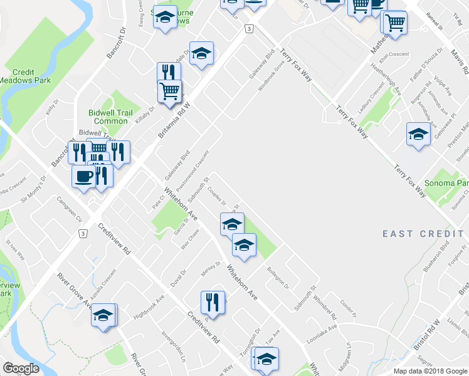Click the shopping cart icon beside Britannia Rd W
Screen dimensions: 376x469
(x=169, y=91)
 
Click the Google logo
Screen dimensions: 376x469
(x=21, y=368)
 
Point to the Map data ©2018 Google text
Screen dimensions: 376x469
(x=430, y=371)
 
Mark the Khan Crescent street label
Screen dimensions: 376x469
(x=390, y=55)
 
